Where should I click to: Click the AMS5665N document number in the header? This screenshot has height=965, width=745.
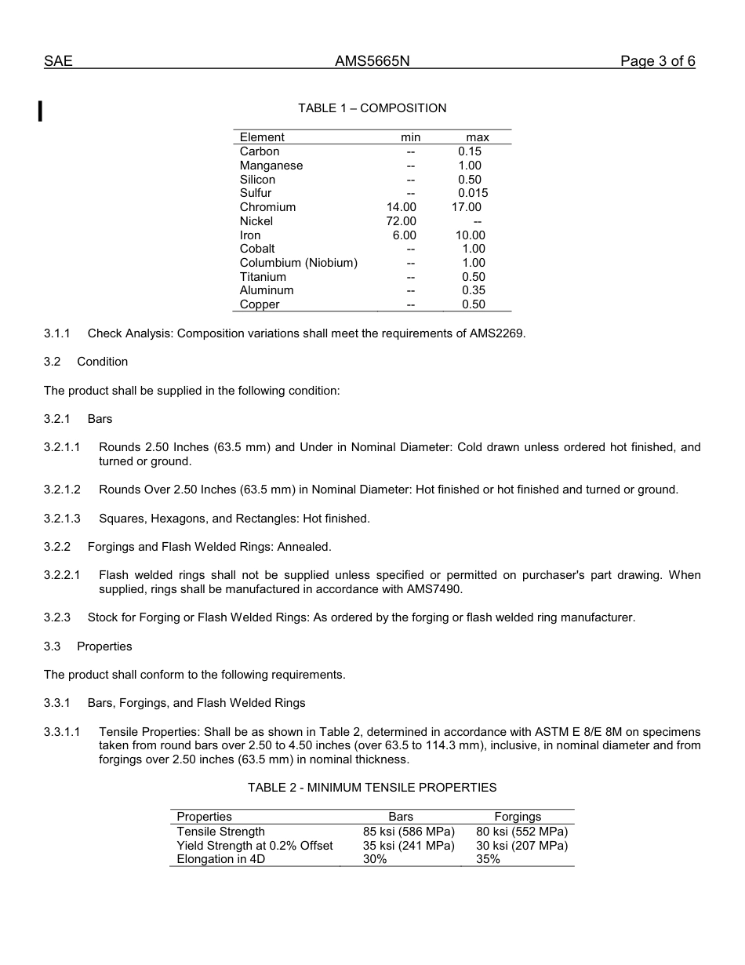(x=372, y=62)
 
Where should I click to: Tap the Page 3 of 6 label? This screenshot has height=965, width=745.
(x=657, y=62)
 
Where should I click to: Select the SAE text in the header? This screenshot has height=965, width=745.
(x=58, y=62)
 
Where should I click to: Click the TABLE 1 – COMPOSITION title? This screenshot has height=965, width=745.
(x=372, y=108)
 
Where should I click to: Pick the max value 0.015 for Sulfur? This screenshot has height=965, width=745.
(x=473, y=193)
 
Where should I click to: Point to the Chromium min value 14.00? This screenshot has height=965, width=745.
(x=402, y=207)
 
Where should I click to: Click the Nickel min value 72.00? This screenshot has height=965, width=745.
(x=402, y=221)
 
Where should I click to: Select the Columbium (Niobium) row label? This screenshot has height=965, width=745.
(x=298, y=263)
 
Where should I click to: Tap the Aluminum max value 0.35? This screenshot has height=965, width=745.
(x=474, y=290)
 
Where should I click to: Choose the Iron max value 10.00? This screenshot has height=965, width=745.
(x=471, y=235)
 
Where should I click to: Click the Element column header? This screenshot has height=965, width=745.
(x=262, y=137)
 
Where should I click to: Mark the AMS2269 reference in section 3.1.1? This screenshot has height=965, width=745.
(x=497, y=333)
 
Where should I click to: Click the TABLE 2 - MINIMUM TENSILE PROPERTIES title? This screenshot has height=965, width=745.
(x=372, y=788)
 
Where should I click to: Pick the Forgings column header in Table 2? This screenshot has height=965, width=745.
(x=518, y=817)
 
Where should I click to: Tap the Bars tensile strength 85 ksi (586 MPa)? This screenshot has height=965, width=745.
(x=409, y=832)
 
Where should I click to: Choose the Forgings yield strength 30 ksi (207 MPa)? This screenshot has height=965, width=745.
(x=521, y=846)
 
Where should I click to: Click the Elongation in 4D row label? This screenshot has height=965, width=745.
(x=220, y=859)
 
